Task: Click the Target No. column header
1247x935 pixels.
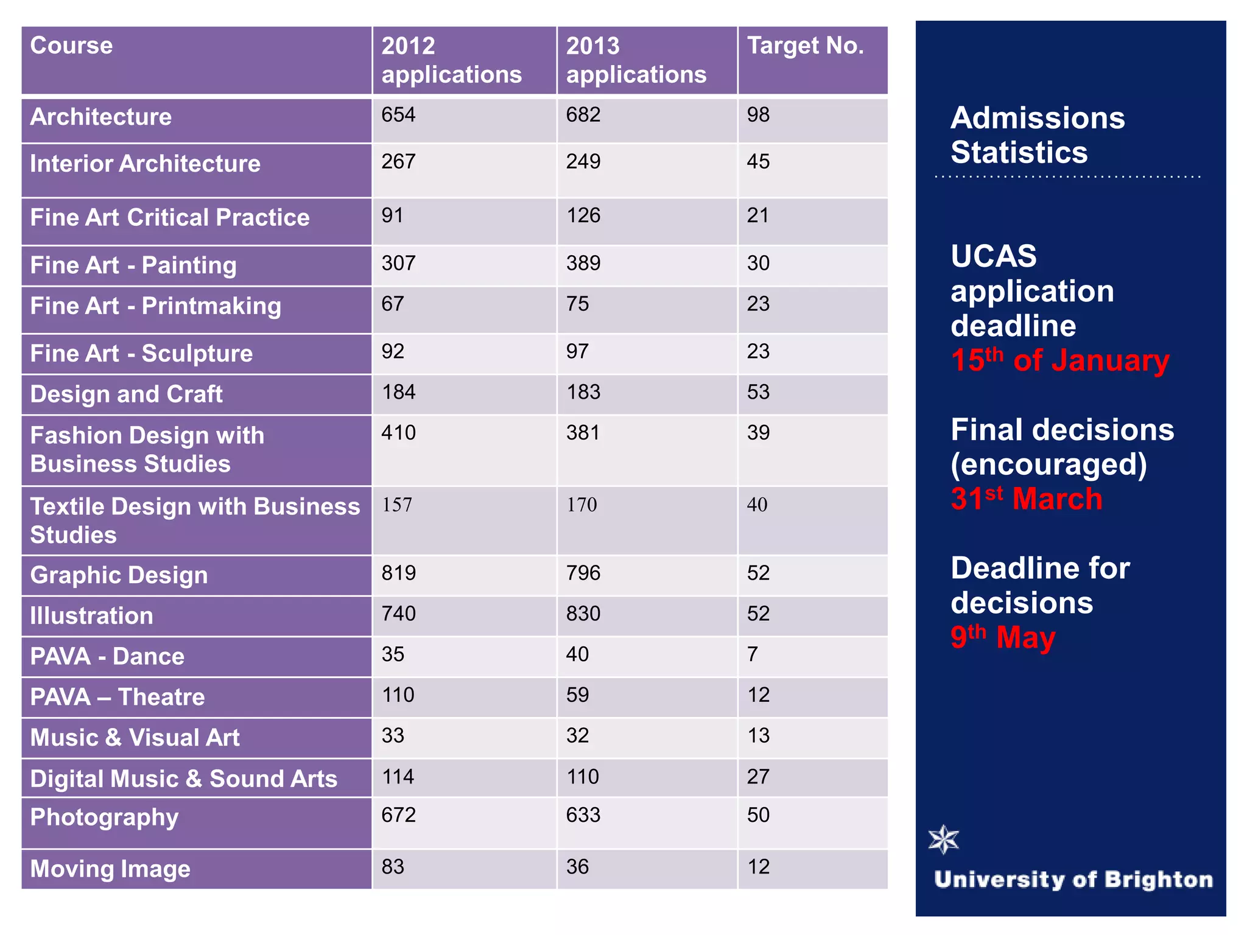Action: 805,46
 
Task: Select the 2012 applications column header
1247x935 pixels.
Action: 451,60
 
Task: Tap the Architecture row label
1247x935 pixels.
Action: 101,117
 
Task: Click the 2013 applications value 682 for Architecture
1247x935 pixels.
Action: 583,115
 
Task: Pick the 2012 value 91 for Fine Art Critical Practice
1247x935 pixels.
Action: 392,215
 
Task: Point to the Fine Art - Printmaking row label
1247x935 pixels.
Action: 155,306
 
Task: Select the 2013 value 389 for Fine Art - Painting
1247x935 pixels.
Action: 583,264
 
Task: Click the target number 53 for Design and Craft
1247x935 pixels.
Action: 758,392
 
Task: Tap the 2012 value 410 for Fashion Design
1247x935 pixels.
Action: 398,433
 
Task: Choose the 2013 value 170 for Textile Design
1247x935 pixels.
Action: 581,505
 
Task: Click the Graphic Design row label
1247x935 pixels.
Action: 119,575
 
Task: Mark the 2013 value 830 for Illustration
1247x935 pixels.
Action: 583,614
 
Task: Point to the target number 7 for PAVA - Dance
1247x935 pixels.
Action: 753,654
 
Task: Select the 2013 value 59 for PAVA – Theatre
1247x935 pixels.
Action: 577,695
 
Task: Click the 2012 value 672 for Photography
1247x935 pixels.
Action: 398,815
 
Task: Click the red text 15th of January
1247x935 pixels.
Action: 1059,360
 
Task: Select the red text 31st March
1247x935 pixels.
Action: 1026,499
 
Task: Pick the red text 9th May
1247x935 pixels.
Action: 1002,637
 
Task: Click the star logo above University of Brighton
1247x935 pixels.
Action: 943,840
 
